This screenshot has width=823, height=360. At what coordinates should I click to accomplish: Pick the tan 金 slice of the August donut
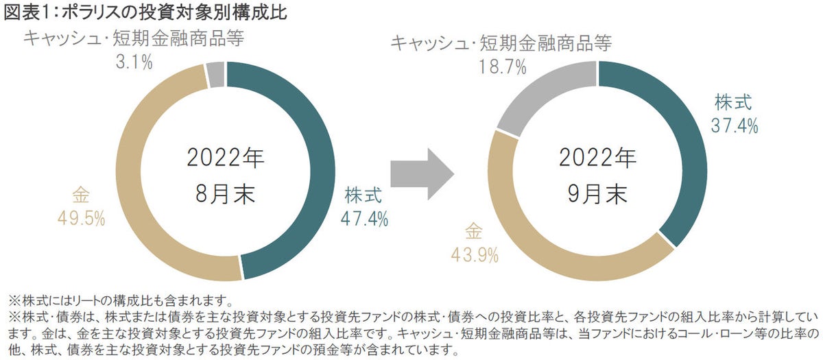coord(130,185)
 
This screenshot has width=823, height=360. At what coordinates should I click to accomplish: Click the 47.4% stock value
coord(364,218)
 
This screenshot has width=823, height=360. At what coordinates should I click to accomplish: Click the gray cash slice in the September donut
coord(542,96)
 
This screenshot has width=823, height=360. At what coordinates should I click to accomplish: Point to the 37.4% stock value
coord(734,125)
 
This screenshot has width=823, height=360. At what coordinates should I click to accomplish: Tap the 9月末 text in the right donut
coord(597,194)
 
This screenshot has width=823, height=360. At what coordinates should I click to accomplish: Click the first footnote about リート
coord(121,300)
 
